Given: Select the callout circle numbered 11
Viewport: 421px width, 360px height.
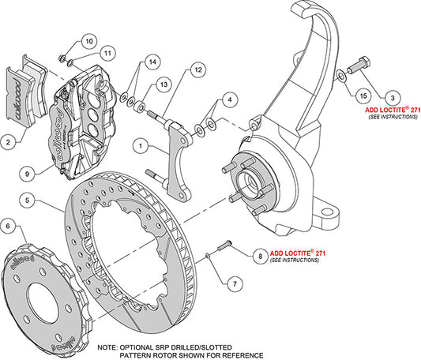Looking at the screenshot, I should [x=107, y=53].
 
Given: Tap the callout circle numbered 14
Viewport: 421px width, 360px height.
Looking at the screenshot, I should [x=152, y=61].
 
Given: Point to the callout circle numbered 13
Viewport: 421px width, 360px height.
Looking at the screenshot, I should [x=163, y=84].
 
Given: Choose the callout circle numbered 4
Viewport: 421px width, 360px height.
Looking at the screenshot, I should [x=229, y=99].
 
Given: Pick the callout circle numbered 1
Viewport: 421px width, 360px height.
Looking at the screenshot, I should [x=139, y=145].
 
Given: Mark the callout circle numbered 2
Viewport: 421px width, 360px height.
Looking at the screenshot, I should [x=9, y=142].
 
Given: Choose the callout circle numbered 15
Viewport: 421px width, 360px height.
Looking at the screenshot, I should [x=363, y=96].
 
